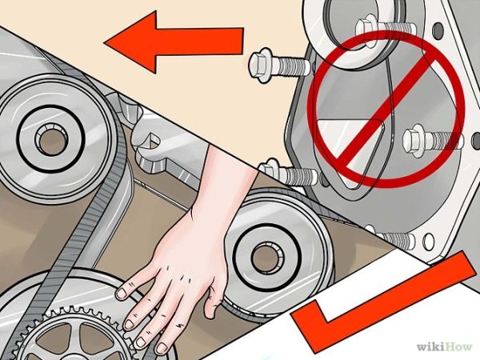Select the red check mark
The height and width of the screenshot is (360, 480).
click(376, 312)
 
